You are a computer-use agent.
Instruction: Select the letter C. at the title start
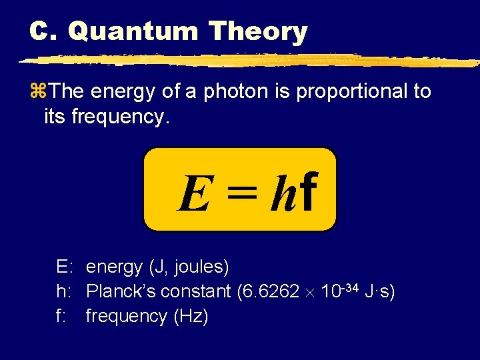click(x=45, y=31)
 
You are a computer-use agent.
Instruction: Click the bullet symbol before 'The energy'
click(x=36, y=92)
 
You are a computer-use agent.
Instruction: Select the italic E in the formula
click(x=192, y=194)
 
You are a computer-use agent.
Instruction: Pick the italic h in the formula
click(x=282, y=193)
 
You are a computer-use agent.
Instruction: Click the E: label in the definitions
click(x=65, y=267)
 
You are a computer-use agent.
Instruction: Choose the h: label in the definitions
click(x=65, y=291)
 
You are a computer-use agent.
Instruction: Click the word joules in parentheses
click(x=202, y=267)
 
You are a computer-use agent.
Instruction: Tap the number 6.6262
click(x=274, y=291)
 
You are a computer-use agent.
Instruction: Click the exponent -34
click(x=353, y=287)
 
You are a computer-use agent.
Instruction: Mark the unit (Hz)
click(x=191, y=316)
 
